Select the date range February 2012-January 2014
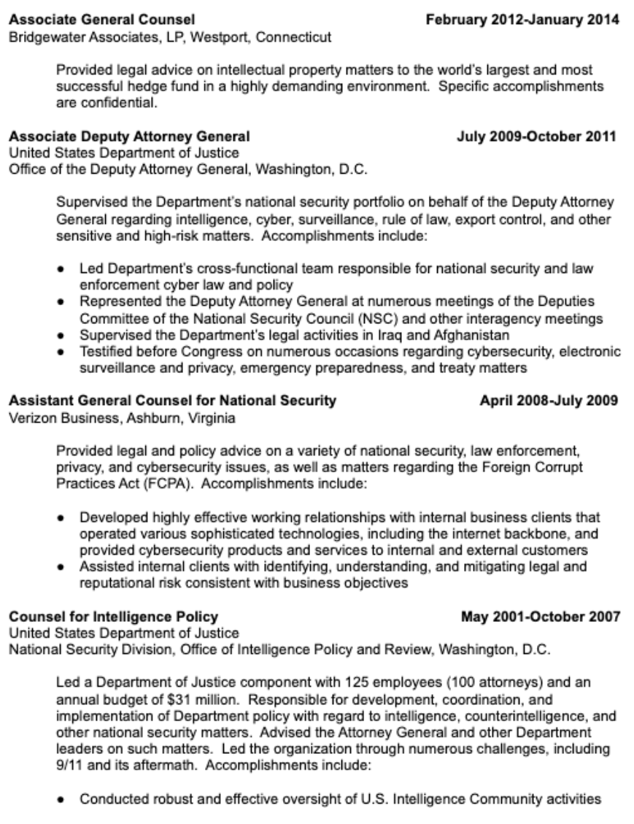tap(524, 20)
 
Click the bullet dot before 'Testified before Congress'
tap(66, 350)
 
